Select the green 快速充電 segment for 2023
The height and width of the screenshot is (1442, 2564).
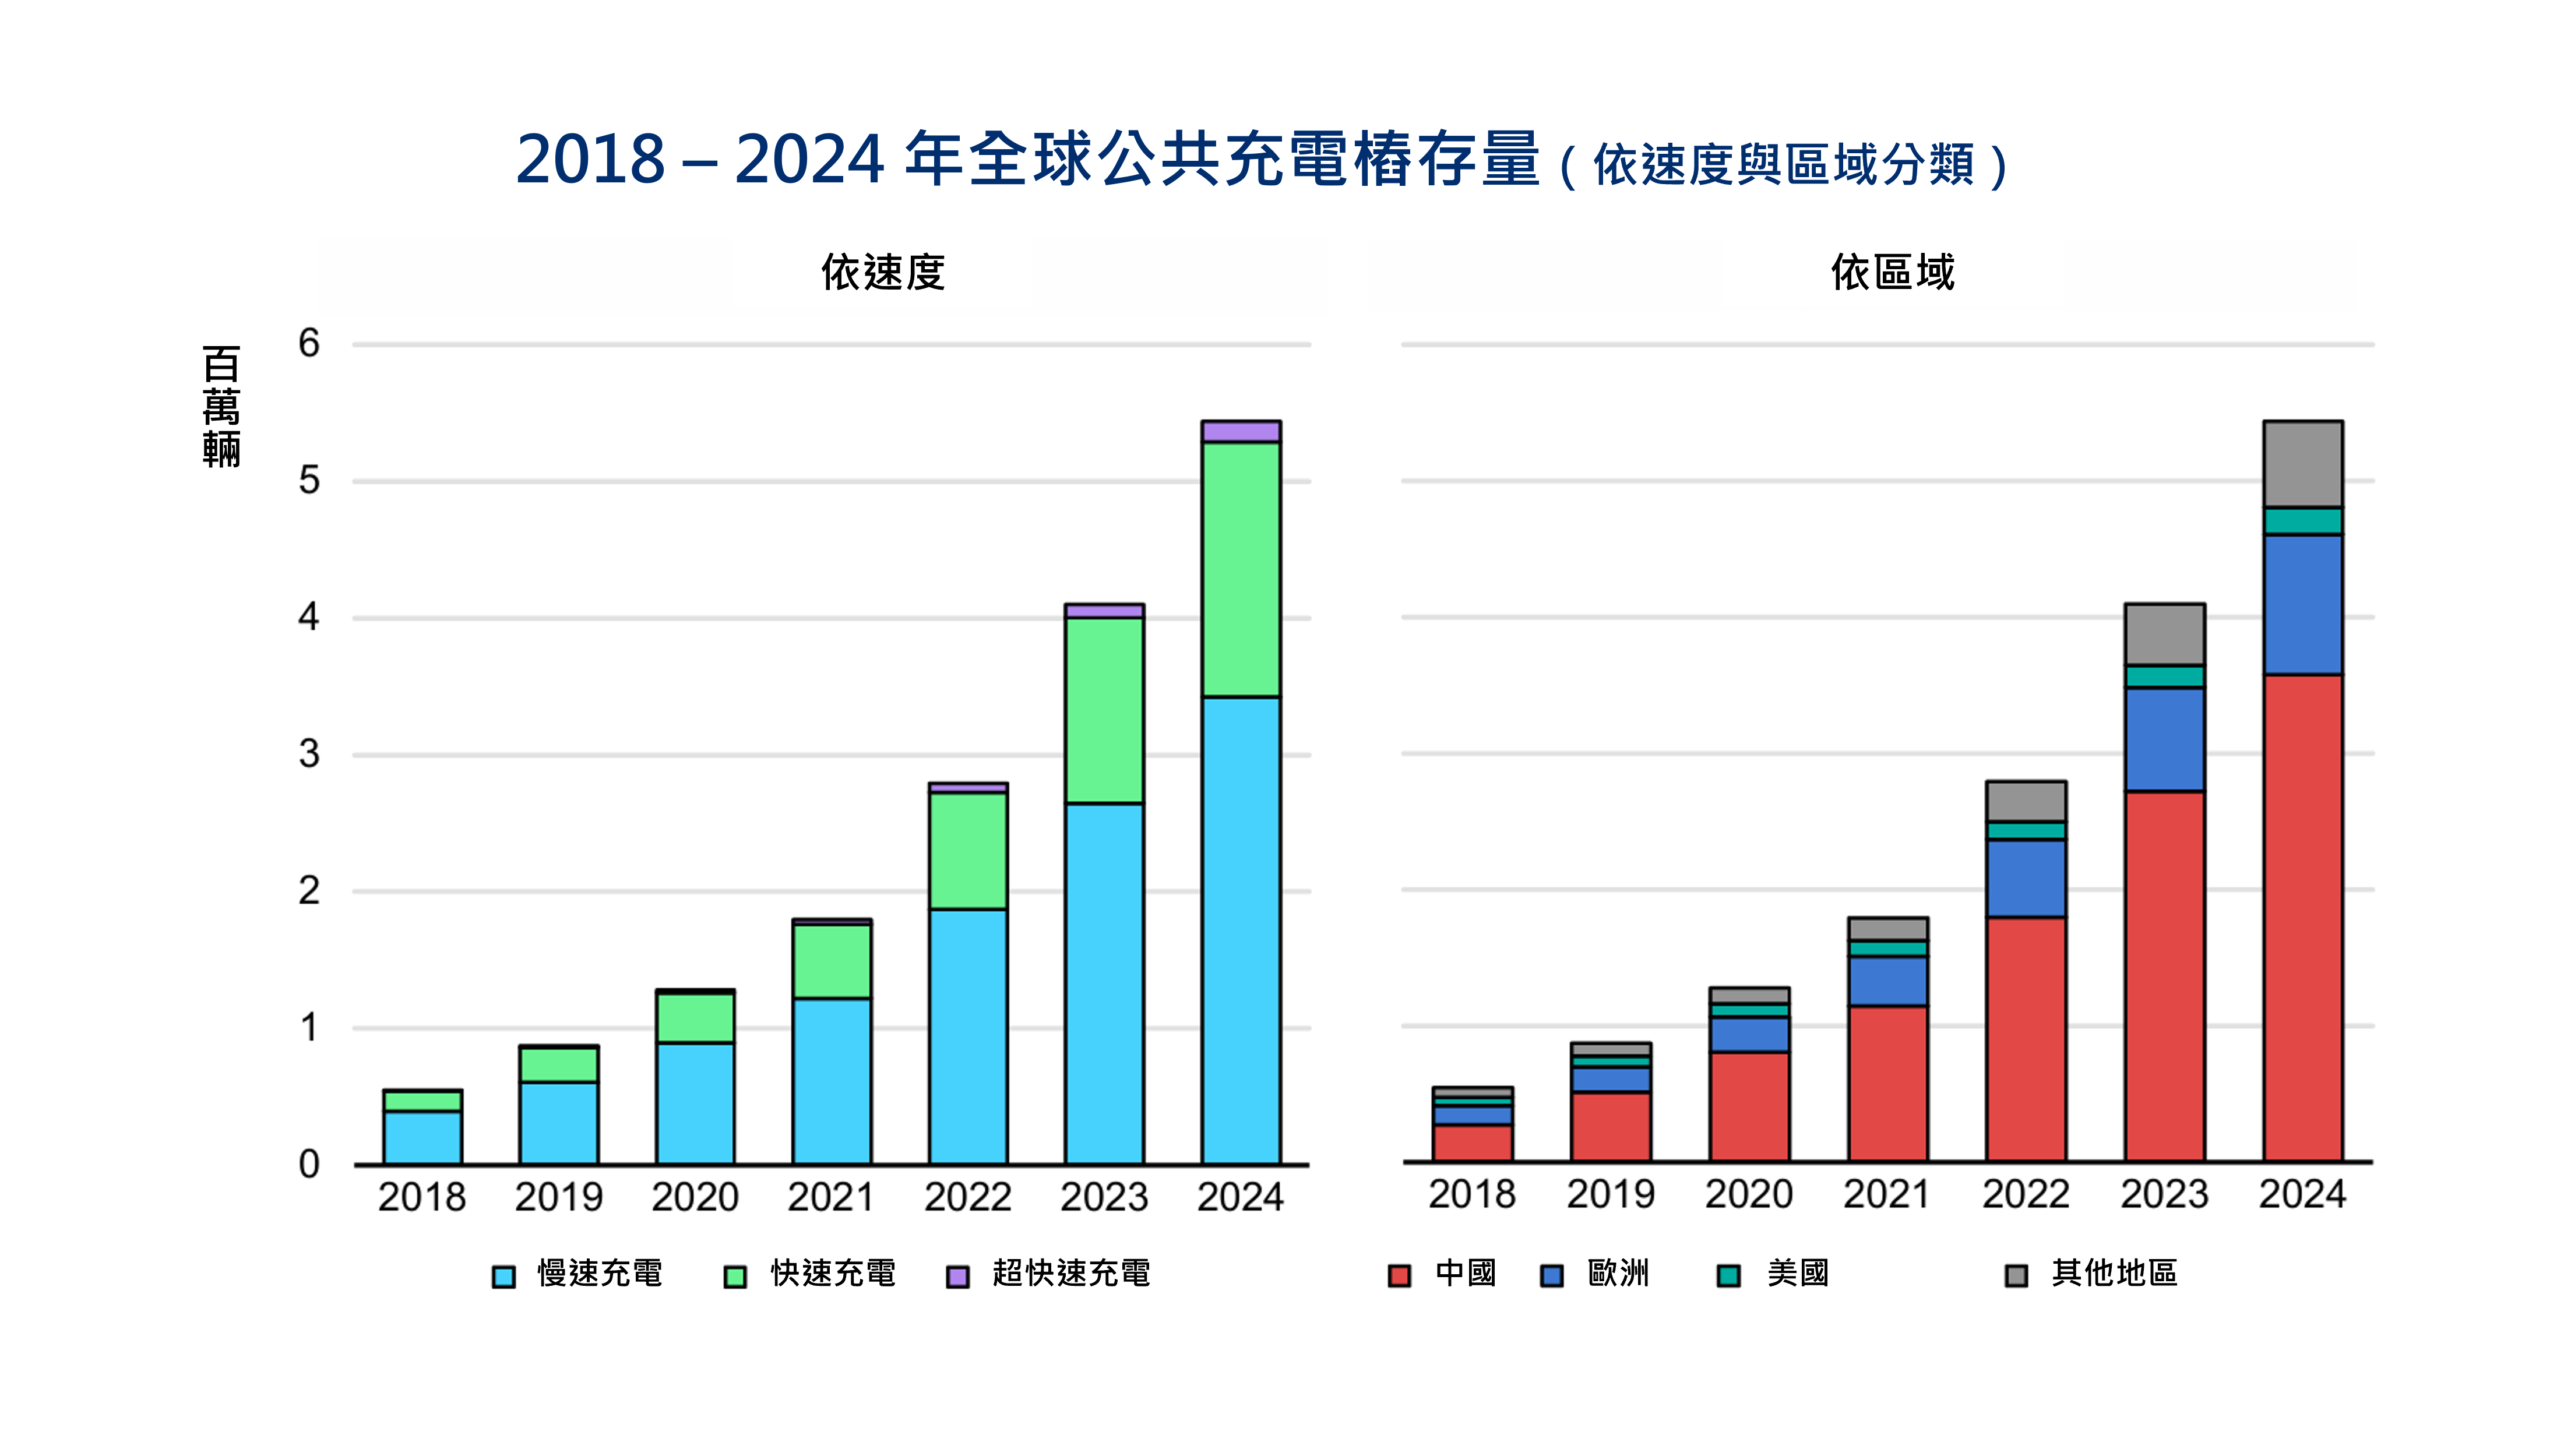pos(1104,710)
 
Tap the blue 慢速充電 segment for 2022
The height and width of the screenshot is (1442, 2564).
pos(967,1035)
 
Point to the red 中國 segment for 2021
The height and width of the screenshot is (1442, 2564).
pos(1887,1083)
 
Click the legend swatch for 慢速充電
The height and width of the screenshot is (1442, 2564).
pos(503,1276)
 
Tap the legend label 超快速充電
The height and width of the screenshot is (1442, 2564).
pos(1071,1273)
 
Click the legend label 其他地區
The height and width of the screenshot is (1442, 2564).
pos(2114,1273)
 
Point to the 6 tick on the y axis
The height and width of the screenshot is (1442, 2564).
pos(309,344)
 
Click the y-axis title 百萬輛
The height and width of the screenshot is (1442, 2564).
pos(221,406)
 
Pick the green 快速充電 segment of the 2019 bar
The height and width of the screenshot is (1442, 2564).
pos(558,1064)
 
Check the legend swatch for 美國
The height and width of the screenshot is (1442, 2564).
pos(1729,1276)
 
